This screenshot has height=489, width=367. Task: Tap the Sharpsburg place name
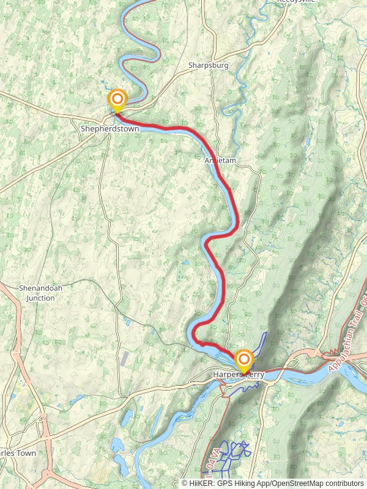(x=207, y=65)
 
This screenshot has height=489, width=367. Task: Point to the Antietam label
(x=220, y=160)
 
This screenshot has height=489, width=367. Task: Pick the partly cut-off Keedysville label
(x=297, y=2)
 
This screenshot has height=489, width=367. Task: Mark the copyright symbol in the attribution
(x=184, y=483)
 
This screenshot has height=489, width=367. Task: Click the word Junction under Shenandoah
(x=37, y=298)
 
